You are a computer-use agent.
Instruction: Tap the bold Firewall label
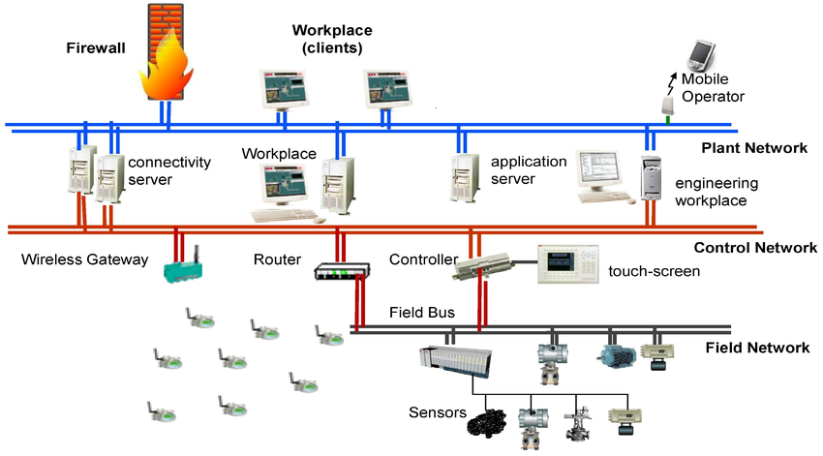click(96, 47)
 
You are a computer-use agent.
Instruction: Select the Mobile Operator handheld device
click(700, 54)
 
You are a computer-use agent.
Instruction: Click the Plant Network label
click(753, 148)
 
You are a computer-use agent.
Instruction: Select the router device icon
click(342, 272)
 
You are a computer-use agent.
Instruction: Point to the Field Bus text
click(422, 314)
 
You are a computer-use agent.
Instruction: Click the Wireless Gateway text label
click(85, 259)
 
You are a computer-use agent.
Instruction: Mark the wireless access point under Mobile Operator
click(667, 103)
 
